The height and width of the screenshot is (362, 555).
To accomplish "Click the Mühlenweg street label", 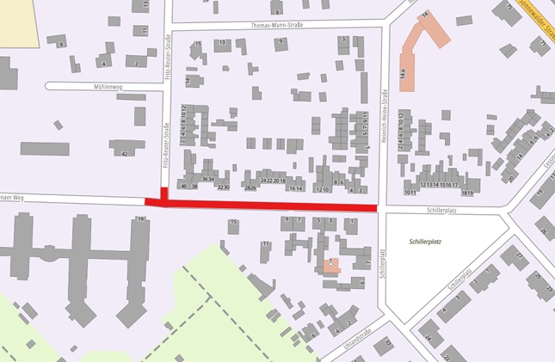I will (x=103, y=87).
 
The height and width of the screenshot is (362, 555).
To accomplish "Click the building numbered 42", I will (x=126, y=152).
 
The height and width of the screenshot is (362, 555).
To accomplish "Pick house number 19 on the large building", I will (x=139, y=221).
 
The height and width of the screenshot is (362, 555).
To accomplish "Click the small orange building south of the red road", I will (x=331, y=264).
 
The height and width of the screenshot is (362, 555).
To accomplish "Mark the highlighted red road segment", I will (x=267, y=207).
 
